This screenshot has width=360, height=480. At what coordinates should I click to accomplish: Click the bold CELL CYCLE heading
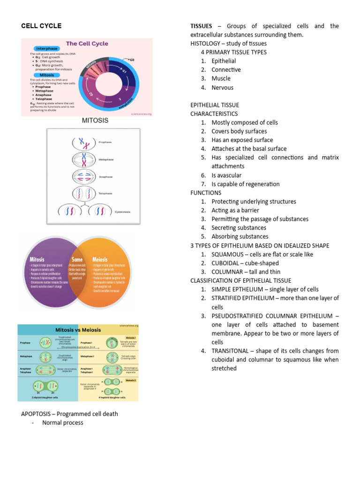click(x=41, y=26)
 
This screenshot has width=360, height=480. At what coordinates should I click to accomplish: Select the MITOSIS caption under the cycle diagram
click(x=95, y=120)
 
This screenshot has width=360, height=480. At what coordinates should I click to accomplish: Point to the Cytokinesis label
click(x=123, y=212)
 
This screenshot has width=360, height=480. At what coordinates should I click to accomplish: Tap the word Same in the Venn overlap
click(x=77, y=259)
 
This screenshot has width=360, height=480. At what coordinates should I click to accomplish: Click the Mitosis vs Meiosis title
click(x=78, y=330)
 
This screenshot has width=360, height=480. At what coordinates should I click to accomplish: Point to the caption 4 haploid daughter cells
click(x=112, y=397)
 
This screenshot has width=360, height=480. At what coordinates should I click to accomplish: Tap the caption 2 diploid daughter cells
click(x=45, y=397)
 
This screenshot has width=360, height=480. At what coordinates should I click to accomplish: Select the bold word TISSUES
click(x=201, y=26)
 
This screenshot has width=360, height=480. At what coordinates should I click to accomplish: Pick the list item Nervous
click(x=222, y=87)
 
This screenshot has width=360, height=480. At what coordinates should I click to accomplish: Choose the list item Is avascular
click(x=226, y=175)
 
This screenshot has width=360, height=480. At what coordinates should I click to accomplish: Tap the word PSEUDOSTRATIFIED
click(x=245, y=316)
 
